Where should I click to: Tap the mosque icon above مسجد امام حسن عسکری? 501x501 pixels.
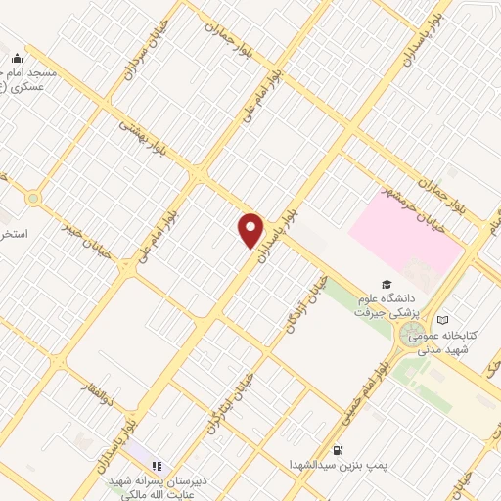point(17,59)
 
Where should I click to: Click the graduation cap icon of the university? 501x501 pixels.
point(374,284)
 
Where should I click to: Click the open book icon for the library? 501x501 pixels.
point(443,319)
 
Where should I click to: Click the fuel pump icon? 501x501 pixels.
point(339,451)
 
